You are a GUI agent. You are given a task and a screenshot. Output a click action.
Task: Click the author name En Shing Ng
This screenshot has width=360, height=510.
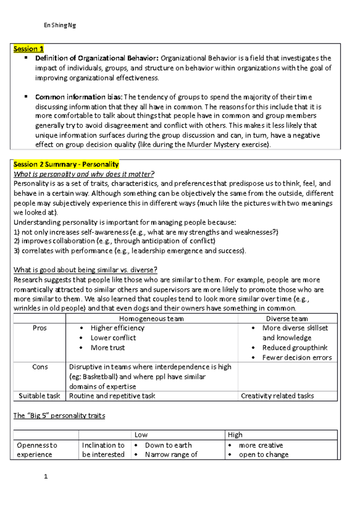(60, 25)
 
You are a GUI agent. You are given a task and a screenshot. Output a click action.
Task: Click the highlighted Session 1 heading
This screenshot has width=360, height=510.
(28, 49)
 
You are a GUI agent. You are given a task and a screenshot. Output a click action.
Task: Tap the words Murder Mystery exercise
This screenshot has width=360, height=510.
(228, 145)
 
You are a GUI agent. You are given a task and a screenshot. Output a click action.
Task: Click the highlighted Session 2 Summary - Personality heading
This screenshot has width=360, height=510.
(66, 164)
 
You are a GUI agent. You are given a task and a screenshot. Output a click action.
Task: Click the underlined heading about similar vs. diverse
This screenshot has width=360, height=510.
(85, 270)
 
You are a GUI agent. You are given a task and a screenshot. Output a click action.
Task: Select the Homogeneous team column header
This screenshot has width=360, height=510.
(151, 319)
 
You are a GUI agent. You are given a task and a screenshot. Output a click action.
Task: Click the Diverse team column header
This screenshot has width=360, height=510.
(287, 319)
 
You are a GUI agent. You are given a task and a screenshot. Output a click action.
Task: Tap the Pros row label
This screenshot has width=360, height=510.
(40, 328)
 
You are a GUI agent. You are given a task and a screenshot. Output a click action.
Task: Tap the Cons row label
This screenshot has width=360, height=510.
(40, 367)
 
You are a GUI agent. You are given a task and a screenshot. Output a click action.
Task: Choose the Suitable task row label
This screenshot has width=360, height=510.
(39, 396)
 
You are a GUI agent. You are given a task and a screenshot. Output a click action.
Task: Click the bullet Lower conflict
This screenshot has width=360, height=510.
(113, 338)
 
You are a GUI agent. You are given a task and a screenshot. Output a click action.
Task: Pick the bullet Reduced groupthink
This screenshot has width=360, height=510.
(295, 348)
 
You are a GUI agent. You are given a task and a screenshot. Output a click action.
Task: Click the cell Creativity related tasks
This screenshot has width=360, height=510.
(277, 396)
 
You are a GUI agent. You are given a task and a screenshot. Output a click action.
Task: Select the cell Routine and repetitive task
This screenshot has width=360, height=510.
(112, 396)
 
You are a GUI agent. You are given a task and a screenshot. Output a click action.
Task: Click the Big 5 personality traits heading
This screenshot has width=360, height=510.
(59, 415)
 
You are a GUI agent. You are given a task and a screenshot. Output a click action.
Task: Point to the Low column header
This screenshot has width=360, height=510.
(141, 435)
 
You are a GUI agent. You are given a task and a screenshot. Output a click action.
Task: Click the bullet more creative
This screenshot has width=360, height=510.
(261, 445)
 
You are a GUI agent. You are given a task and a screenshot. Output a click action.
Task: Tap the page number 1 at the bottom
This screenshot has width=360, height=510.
(46, 476)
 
